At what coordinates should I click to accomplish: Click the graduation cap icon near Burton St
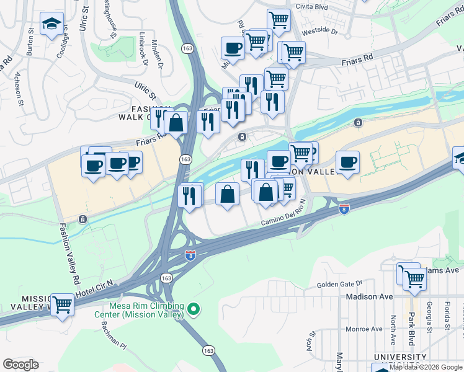pyautogui.click(x=50, y=24)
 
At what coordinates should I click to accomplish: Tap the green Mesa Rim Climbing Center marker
pyautogui.click(x=194, y=308)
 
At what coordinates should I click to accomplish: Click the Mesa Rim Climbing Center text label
pyautogui.click(x=146, y=310)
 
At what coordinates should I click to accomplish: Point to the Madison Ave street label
pyautogui.click(x=370, y=296)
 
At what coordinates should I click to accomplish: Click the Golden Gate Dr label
pyautogui.click(x=339, y=285)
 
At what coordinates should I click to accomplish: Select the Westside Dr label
pyautogui.click(x=321, y=30)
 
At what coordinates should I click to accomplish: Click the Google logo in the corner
pyautogui.click(x=20, y=365)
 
